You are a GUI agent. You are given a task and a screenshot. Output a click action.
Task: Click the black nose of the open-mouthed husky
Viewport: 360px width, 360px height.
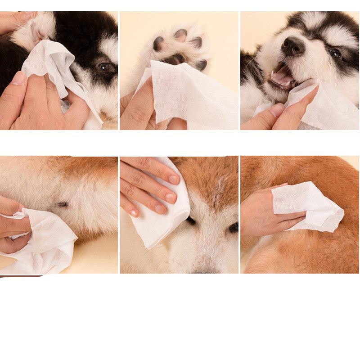point(292,45)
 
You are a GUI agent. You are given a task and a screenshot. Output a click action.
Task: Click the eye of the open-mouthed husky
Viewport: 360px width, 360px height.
point(335,53)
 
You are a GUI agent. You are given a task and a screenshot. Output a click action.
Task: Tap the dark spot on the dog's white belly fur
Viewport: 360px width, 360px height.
point(63,205)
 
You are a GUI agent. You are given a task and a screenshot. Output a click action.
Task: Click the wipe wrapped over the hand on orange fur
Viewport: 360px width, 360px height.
point(306,205)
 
